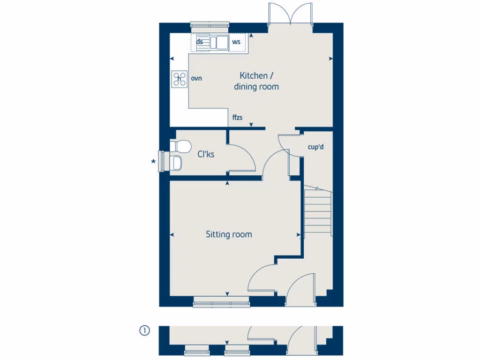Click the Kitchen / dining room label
(256, 81)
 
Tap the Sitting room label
(229, 234)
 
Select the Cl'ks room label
(206, 154)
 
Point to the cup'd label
(315, 147)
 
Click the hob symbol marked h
(179, 79)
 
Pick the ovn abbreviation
(196, 78)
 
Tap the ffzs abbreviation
(237, 117)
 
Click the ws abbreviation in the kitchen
(236, 42)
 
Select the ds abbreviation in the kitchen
(200, 42)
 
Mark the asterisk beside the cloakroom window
(153, 162)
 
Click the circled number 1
(144, 331)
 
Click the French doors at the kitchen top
(291, 14)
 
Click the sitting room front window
(221, 303)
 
